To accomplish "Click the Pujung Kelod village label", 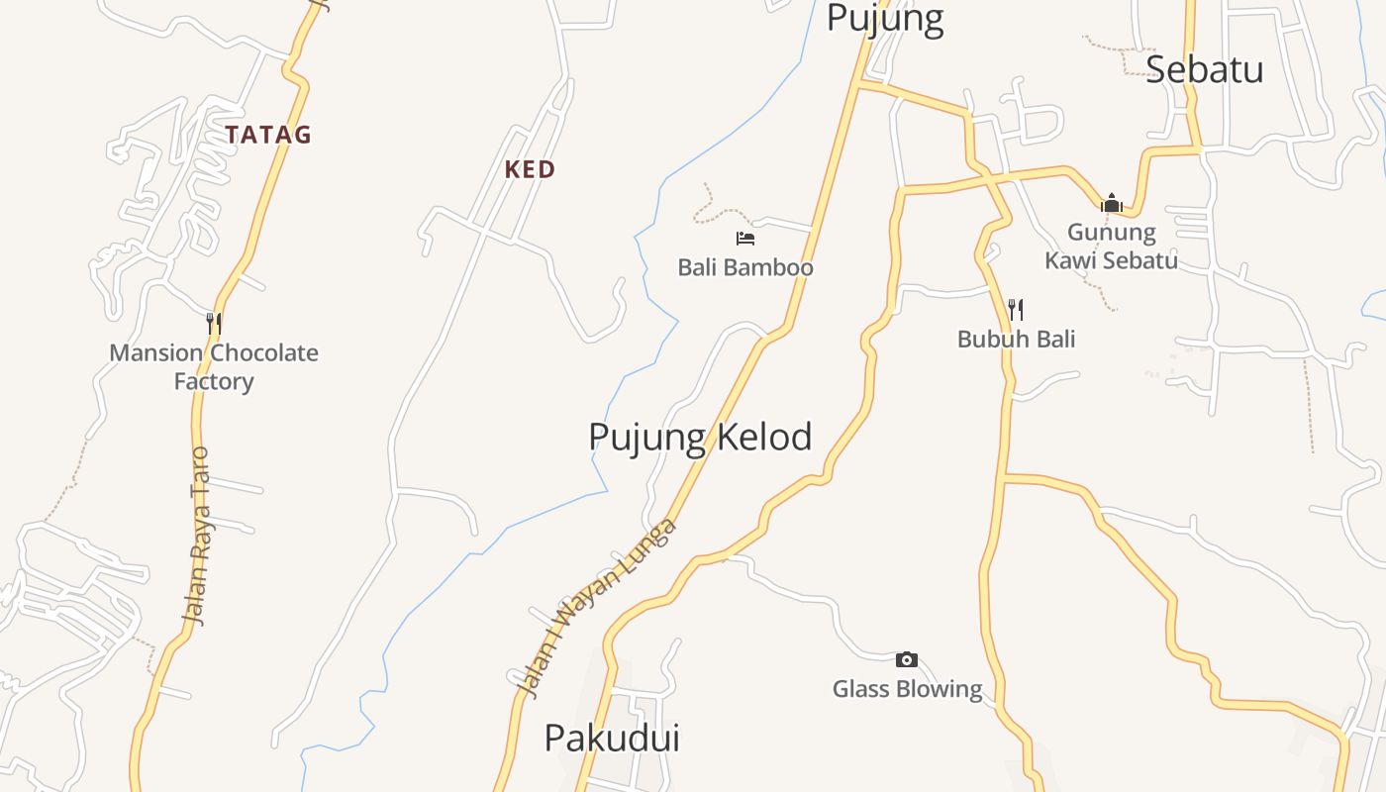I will tap(700, 437).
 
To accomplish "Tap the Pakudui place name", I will tap(612, 738).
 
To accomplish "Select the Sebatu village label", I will tap(1204, 69).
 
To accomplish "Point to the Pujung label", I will tap(884, 19).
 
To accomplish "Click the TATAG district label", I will tap(267, 135).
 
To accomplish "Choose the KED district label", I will tap(530, 169).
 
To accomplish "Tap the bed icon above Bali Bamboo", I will tap(745, 239).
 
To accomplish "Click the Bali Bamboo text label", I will tap(745, 267).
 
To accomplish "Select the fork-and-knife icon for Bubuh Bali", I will tap(1015, 310).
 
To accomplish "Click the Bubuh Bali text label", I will tap(1016, 339).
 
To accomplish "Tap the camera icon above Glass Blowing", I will tap(906, 660).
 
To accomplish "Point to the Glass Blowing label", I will tap(907, 689).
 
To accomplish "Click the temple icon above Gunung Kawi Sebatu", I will tap(1111, 204).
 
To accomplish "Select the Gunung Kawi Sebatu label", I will tap(1112, 247).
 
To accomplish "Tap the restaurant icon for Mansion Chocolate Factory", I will tap(213, 323).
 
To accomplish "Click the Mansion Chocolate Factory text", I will tap(214, 366).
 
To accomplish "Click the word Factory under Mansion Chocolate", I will tap(214, 381).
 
